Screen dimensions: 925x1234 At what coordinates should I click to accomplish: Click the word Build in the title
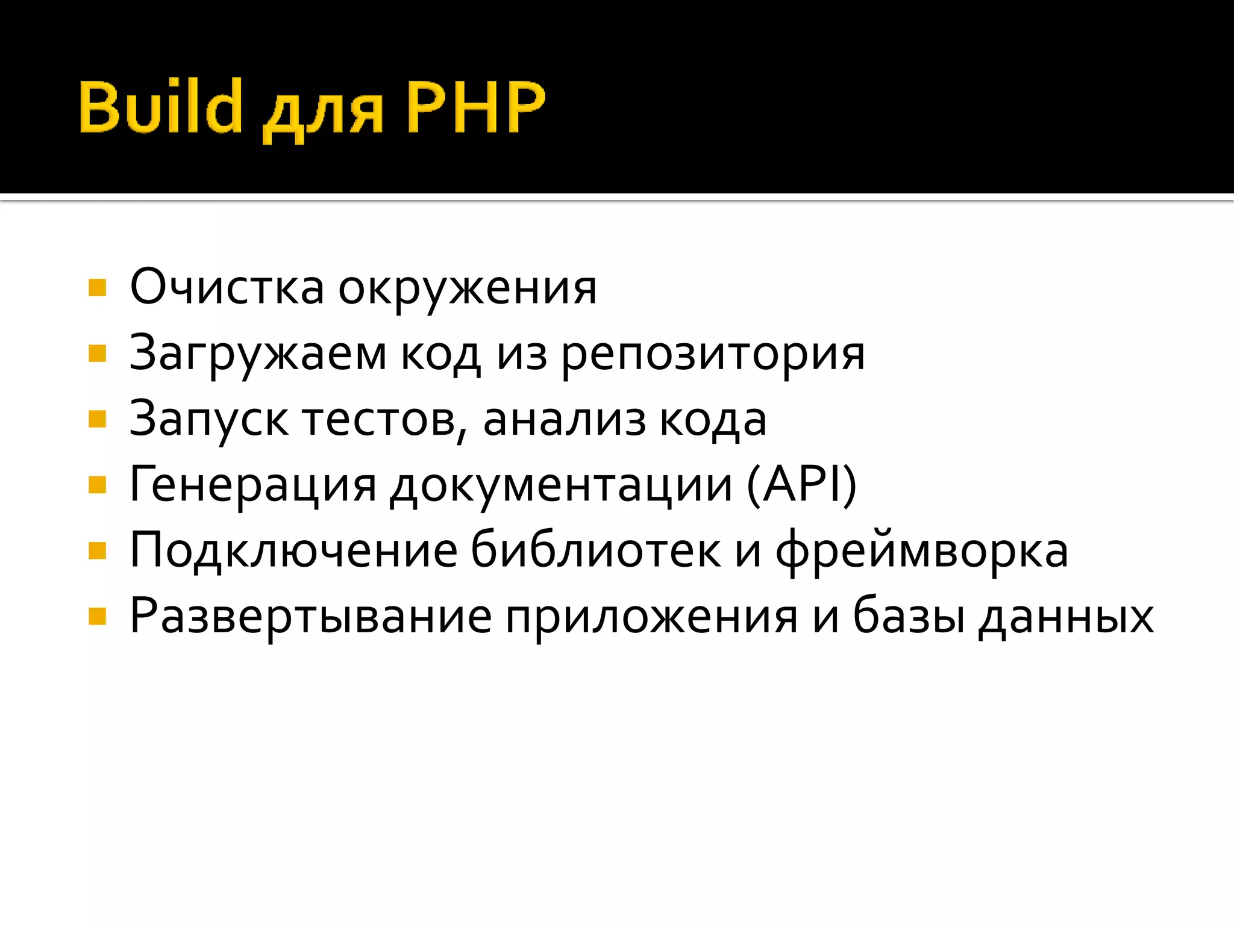click(x=160, y=107)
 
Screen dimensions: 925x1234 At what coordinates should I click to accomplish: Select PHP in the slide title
click(x=476, y=107)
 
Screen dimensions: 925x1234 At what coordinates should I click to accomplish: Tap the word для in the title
click(x=324, y=114)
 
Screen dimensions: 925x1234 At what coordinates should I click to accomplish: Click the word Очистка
click(x=227, y=287)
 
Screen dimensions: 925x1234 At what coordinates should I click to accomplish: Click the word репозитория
click(x=713, y=355)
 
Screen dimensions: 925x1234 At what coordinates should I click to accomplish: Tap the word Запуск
click(x=208, y=420)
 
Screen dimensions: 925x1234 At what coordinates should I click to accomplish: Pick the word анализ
click(x=565, y=420)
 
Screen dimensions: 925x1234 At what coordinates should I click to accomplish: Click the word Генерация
click(x=253, y=486)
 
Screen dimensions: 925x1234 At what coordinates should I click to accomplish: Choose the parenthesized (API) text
click(x=801, y=485)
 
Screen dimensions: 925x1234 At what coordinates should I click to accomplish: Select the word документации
click(x=561, y=486)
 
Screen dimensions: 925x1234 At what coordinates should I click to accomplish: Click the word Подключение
click(x=293, y=550)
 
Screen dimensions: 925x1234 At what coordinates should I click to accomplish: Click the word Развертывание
click(x=311, y=617)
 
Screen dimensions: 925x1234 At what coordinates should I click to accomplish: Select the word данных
click(x=1065, y=617)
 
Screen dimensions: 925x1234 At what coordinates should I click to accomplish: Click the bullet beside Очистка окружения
click(x=97, y=288)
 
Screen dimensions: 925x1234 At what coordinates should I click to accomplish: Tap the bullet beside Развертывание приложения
click(x=97, y=616)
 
